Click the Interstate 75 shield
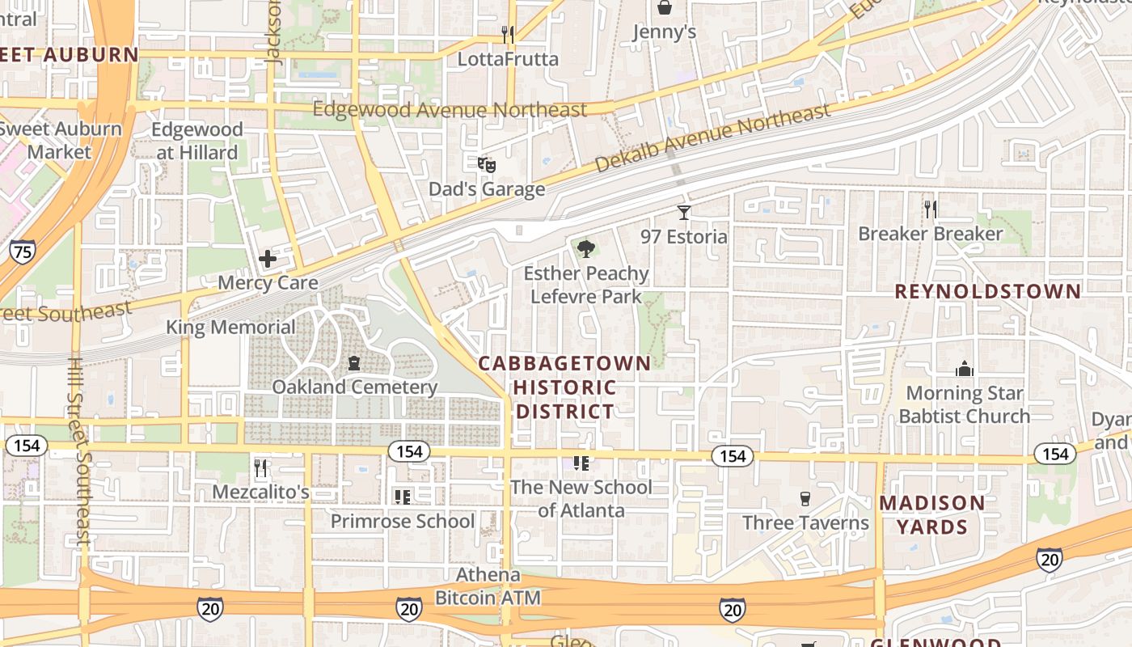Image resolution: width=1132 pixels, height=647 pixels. (23, 252)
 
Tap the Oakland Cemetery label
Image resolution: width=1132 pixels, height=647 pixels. (354, 387)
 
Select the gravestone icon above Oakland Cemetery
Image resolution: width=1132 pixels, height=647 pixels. (354, 364)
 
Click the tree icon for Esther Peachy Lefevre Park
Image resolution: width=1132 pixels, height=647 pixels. (586, 248)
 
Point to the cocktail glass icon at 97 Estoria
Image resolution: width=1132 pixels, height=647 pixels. (684, 213)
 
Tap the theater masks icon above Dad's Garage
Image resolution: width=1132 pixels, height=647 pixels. (486, 165)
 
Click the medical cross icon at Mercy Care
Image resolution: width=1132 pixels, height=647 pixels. (268, 259)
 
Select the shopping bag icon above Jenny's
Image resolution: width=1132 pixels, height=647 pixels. (664, 8)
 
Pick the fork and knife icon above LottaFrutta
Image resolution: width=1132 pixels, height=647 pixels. (508, 35)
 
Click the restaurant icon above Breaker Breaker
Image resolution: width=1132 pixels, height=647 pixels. (930, 209)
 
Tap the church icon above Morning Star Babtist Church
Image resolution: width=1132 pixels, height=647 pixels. (964, 369)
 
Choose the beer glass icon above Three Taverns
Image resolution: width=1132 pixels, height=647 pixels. (805, 498)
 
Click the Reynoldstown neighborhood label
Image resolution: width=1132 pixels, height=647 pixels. (987, 292)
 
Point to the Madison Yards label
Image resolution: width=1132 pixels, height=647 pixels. (932, 515)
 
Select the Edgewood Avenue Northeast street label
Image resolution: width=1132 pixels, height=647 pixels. (450, 109)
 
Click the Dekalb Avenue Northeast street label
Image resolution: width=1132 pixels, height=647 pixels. (712, 137)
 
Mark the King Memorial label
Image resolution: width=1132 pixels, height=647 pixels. (230, 327)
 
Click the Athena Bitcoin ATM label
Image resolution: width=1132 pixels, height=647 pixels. (488, 586)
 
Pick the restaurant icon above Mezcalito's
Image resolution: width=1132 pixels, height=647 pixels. (260, 468)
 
